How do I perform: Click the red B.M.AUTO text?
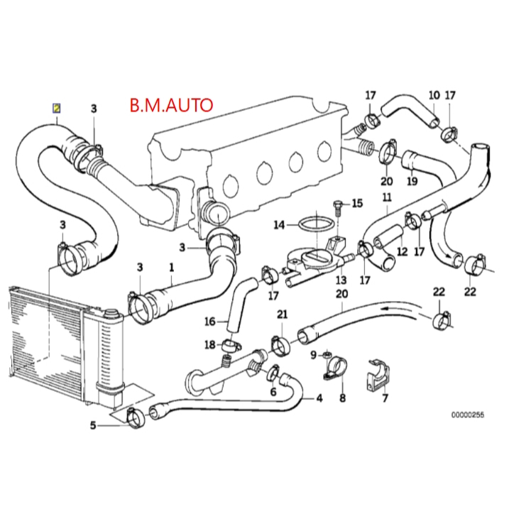coord(170,106)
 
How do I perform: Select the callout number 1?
coord(171,268)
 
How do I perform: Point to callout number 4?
coord(319,398)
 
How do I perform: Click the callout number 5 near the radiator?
coord(92,426)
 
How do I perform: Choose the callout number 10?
coord(434,94)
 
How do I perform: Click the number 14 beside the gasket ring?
coord(279,225)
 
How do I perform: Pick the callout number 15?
coord(357,204)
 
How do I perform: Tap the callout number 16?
coord(209,322)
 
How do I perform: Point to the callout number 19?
coord(412,181)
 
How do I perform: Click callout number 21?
coord(282,314)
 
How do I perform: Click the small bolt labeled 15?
coord(339,206)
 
